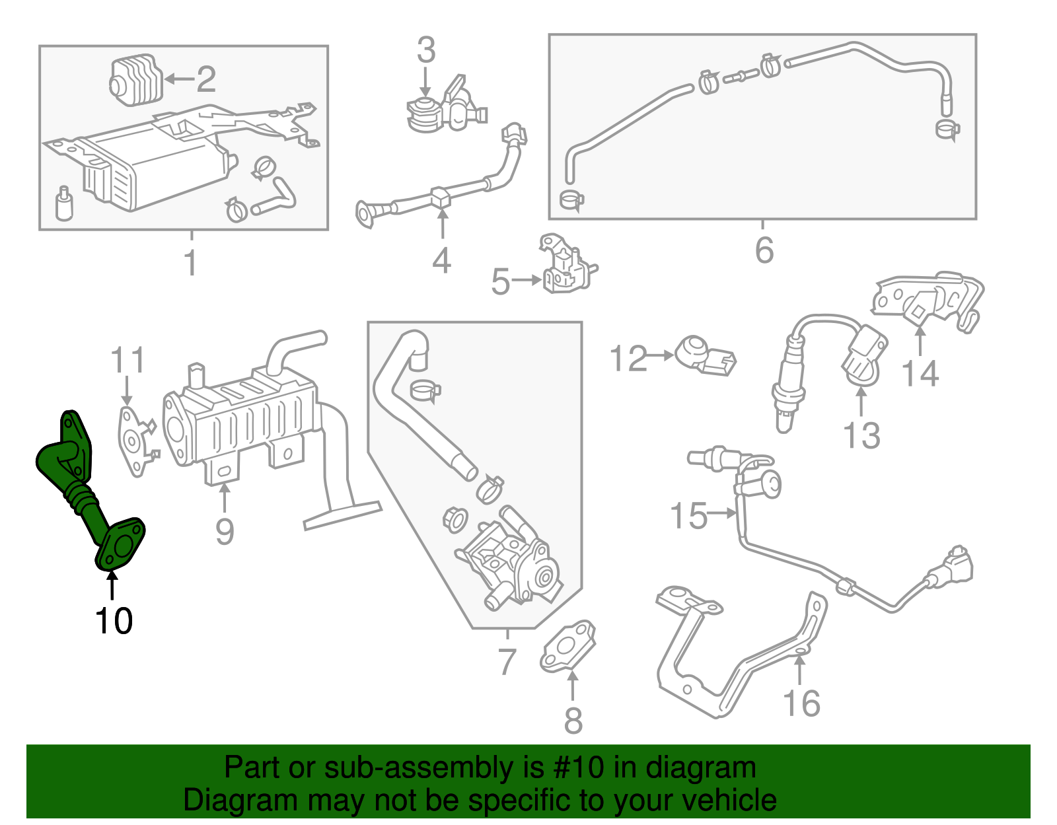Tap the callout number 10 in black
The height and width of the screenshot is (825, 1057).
tap(114, 621)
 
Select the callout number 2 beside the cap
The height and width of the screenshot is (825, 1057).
tap(206, 79)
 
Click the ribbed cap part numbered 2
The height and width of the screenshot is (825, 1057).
tap(135, 80)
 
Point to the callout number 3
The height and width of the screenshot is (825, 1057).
tap(426, 50)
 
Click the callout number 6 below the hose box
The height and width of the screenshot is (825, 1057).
tap(764, 250)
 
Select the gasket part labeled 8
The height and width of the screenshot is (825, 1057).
tap(567, 648)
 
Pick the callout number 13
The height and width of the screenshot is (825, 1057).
tap(861, 435)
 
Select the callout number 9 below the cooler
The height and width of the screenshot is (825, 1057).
tap(225, 531)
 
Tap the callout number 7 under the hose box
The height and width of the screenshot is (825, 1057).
tap(506, 661)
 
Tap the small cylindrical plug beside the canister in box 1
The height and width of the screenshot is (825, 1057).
tap(63, 204)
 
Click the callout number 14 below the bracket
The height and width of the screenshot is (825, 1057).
tap(920, 373)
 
